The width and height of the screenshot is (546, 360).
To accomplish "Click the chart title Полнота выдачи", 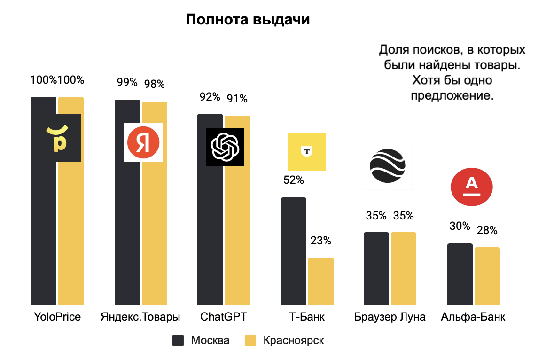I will click(248, 20).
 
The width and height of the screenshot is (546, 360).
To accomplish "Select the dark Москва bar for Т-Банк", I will click(293, 251).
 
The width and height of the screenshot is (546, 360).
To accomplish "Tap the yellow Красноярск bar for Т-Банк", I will click(320, 282).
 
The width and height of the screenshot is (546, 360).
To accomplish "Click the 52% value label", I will click(293, 180).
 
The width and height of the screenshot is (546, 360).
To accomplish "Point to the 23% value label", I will click(320, 241).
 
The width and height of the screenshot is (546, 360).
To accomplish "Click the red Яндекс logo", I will click(143, 142).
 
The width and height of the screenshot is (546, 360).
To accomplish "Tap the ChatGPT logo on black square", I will click(225, 147).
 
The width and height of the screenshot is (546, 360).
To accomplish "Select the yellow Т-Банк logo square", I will click(306, 151).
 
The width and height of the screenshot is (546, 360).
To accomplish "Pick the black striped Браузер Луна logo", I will click(387, 166).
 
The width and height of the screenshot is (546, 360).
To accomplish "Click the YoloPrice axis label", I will click(57, 317).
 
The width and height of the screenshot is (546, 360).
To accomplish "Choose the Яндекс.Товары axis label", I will click(140, 317).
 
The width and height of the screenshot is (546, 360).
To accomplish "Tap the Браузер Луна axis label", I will click(390, 317).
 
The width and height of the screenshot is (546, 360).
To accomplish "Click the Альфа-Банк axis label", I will click(473, 317).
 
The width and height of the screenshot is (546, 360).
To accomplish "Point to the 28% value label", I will click(487, 231).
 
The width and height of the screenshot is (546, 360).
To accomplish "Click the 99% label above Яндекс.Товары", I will click(127, 83).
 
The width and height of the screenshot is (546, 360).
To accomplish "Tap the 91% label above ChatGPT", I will click(237, 99).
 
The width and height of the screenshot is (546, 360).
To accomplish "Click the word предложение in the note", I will click(452, 95).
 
